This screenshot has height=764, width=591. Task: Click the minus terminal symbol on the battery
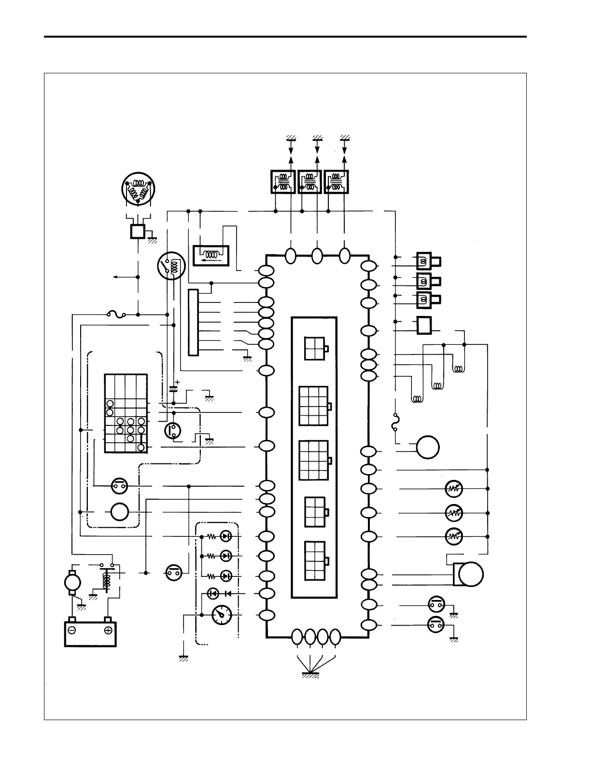point(72,630)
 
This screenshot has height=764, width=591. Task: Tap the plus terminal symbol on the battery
point(108,630)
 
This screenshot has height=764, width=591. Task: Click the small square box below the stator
point(138,232)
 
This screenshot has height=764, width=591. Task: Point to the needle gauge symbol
point(222,615)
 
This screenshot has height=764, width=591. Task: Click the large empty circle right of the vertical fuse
point(428,447)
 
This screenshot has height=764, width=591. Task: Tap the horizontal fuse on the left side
point(116,315)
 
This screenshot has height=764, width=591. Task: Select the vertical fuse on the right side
point(395,423)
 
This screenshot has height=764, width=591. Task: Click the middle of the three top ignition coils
point(310,182)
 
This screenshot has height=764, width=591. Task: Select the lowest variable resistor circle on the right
point(453,536)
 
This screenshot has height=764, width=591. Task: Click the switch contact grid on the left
point(126,413)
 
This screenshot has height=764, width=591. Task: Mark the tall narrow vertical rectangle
point(193,322)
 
